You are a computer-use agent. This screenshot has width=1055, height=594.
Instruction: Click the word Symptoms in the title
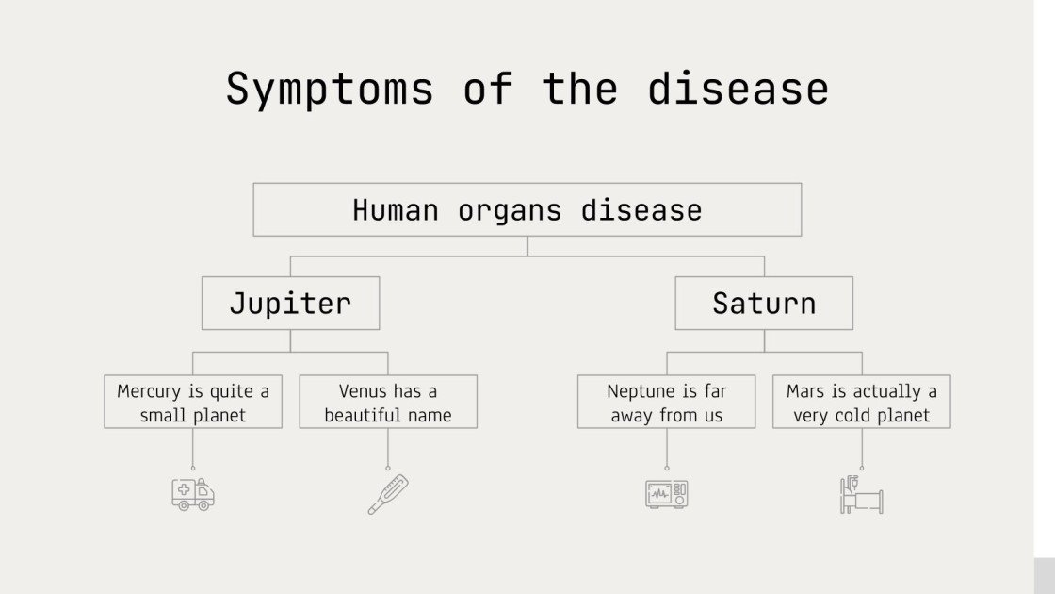[329, 89]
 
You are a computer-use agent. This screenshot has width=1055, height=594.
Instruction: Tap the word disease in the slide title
[737, 89]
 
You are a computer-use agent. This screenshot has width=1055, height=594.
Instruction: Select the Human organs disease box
[527, 209]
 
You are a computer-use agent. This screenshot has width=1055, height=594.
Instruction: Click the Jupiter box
[290, 303]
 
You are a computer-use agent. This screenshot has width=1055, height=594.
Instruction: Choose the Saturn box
[763, 303]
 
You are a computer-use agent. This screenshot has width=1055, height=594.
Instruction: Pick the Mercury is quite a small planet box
[192, 403]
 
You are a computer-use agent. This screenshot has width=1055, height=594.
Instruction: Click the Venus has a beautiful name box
[387, 403]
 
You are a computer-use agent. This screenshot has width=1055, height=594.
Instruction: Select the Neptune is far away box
[666, 403]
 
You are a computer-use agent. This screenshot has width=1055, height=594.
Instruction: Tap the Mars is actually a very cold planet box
[861, 403]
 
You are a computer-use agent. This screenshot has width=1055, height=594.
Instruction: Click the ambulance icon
[193, 493]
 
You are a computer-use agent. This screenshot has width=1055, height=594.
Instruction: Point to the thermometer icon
[387, 494]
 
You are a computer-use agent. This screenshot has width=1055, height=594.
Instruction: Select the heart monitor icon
[666, 493]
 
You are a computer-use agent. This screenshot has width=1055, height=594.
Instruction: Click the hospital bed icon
[861, 494]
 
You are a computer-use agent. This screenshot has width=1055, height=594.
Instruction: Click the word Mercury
[148, 391]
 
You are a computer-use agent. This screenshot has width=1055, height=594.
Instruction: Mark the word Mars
[805, 391]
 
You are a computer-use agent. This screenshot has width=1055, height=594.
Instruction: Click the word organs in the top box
[509, 209]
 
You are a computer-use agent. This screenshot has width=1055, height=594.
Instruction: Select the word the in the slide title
[579, 89]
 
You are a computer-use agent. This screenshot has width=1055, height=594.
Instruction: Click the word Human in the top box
[396, 209]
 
